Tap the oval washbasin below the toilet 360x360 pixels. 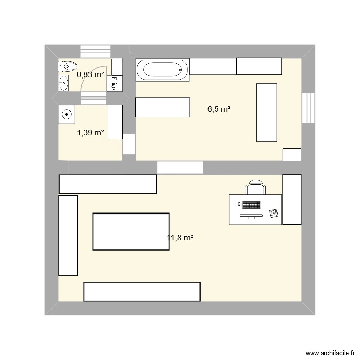63,83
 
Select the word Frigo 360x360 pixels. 115,83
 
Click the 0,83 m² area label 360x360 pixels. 91,74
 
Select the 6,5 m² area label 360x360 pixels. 219,109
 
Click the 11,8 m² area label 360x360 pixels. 180,237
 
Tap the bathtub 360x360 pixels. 162,70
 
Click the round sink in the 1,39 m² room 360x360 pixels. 67,114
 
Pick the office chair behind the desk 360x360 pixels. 255,188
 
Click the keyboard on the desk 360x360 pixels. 252,205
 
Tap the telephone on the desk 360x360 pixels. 274,213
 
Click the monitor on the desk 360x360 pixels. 251,216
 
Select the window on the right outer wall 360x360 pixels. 308,108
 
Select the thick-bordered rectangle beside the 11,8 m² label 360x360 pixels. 131,231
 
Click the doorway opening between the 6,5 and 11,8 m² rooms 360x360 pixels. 180,167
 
